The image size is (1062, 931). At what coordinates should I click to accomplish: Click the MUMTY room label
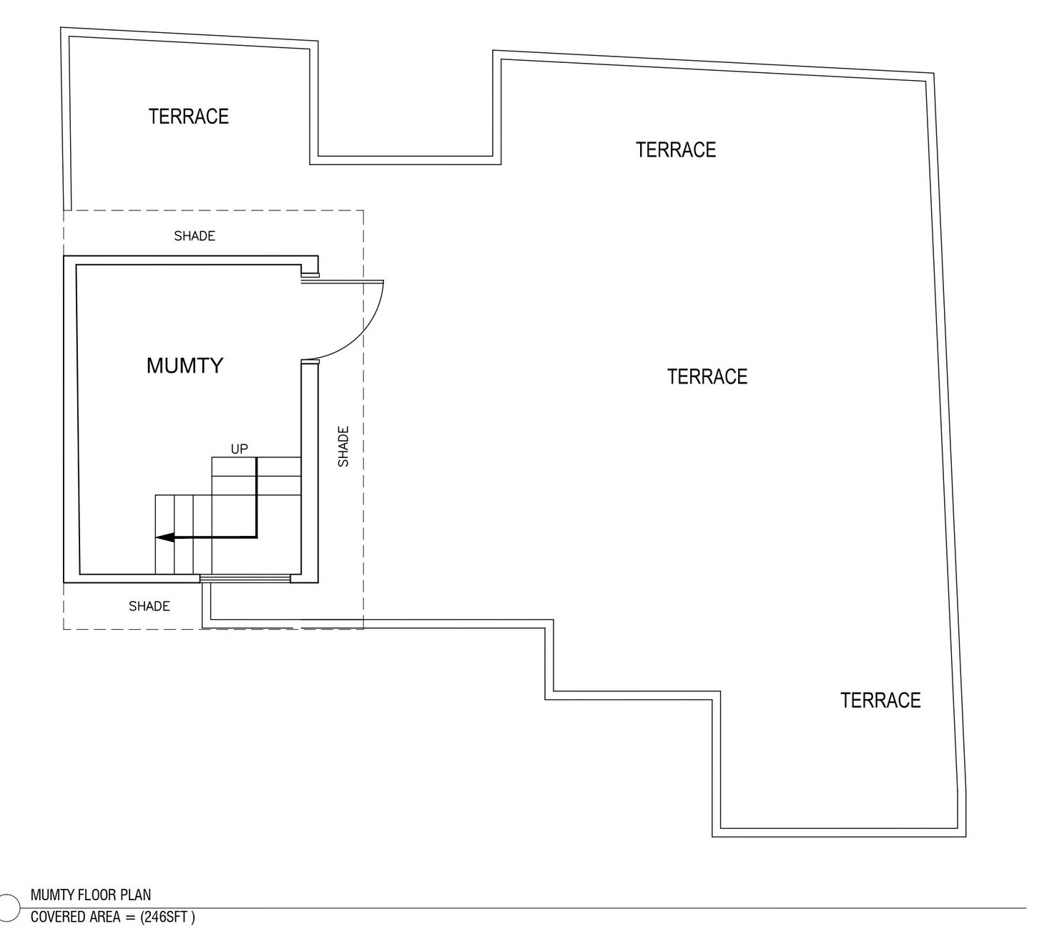[185, 366]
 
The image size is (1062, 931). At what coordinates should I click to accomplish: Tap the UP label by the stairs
[239, 449]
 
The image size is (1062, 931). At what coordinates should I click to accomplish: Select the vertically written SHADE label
[343, 447]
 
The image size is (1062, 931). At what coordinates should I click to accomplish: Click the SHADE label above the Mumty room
[195, 236]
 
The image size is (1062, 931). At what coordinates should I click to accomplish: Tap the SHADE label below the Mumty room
[149, 606]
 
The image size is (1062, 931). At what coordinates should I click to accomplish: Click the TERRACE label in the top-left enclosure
[189, 117]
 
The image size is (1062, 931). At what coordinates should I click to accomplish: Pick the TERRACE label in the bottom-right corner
[880, 700]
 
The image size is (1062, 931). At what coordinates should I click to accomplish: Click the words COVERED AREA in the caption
[76, 917]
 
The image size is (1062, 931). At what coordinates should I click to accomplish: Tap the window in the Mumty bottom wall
[245, 578]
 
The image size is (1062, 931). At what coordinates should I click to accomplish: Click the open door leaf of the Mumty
[343, 282]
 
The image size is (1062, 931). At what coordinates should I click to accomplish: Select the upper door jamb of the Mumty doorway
[310, 274]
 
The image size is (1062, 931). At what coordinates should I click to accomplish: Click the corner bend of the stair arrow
[256, 537]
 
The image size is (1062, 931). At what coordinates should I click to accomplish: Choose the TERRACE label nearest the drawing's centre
[707, 376]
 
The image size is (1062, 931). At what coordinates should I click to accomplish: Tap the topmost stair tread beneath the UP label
[256, 467]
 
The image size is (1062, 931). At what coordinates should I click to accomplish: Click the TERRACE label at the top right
[676, 150]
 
